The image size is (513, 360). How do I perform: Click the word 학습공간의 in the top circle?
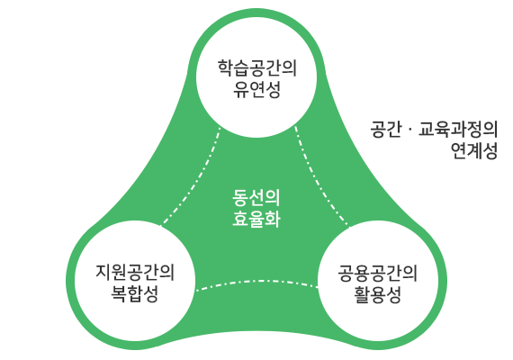coord(257,68)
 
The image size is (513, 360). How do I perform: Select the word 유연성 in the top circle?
coord(256,89)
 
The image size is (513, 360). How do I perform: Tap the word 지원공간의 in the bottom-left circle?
coord(135,273)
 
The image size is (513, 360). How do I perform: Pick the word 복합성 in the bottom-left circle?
coord(134,293)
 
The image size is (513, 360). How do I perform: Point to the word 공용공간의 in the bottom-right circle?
coord(378,274)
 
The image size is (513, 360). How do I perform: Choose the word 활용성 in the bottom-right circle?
coord(378,294)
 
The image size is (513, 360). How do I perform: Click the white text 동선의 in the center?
coord(256,197)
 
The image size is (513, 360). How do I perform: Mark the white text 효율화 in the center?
coord(256,219)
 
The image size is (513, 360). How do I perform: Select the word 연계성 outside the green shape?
coord(474,150)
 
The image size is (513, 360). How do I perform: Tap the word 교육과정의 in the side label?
coord(458,130)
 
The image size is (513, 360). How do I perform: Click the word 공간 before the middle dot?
coord(386,130)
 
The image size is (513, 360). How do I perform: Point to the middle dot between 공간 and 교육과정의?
coord(409,130)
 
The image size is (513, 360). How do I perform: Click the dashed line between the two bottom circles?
coord(256,281)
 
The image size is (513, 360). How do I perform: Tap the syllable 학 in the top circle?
coord(225,68)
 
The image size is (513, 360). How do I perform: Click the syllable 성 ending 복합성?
coord(150,293)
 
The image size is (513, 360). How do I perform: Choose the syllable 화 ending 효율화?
coord(273,219)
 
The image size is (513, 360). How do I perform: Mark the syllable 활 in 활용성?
coord(362,294)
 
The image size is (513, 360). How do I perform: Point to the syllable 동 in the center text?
coord(240,197)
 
